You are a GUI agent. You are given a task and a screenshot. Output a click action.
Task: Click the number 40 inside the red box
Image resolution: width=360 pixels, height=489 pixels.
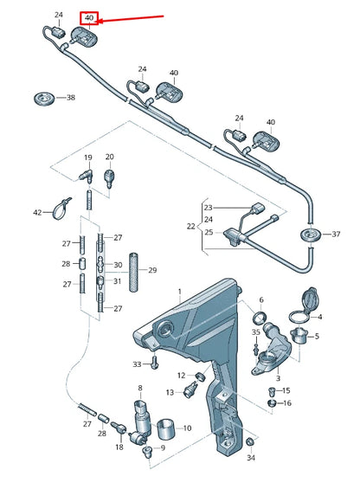point(88,17)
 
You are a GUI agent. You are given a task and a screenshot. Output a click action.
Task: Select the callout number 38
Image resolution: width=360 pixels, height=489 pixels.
point(70,98)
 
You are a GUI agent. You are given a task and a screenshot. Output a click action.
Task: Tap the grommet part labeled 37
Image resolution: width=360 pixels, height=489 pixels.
point(306,235)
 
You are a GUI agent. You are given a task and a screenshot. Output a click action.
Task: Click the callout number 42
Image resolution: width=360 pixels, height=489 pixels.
point(37,212)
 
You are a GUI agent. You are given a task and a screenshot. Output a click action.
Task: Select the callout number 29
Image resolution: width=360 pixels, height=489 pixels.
point(152,271)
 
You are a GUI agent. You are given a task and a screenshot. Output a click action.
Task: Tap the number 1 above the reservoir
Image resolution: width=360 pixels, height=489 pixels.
point(180,291)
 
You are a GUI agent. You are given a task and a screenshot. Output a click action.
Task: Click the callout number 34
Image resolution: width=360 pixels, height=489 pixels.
point(251,457)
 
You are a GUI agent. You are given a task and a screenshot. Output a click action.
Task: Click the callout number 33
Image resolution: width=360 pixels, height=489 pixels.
point(137,364)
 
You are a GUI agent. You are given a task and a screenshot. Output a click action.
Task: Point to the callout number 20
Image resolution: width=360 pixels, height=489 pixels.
point(109,157)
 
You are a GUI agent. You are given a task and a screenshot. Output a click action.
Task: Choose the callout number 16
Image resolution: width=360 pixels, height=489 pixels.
point(287,403)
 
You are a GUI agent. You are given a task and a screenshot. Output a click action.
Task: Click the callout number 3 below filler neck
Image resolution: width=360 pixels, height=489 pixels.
point(278,378)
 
